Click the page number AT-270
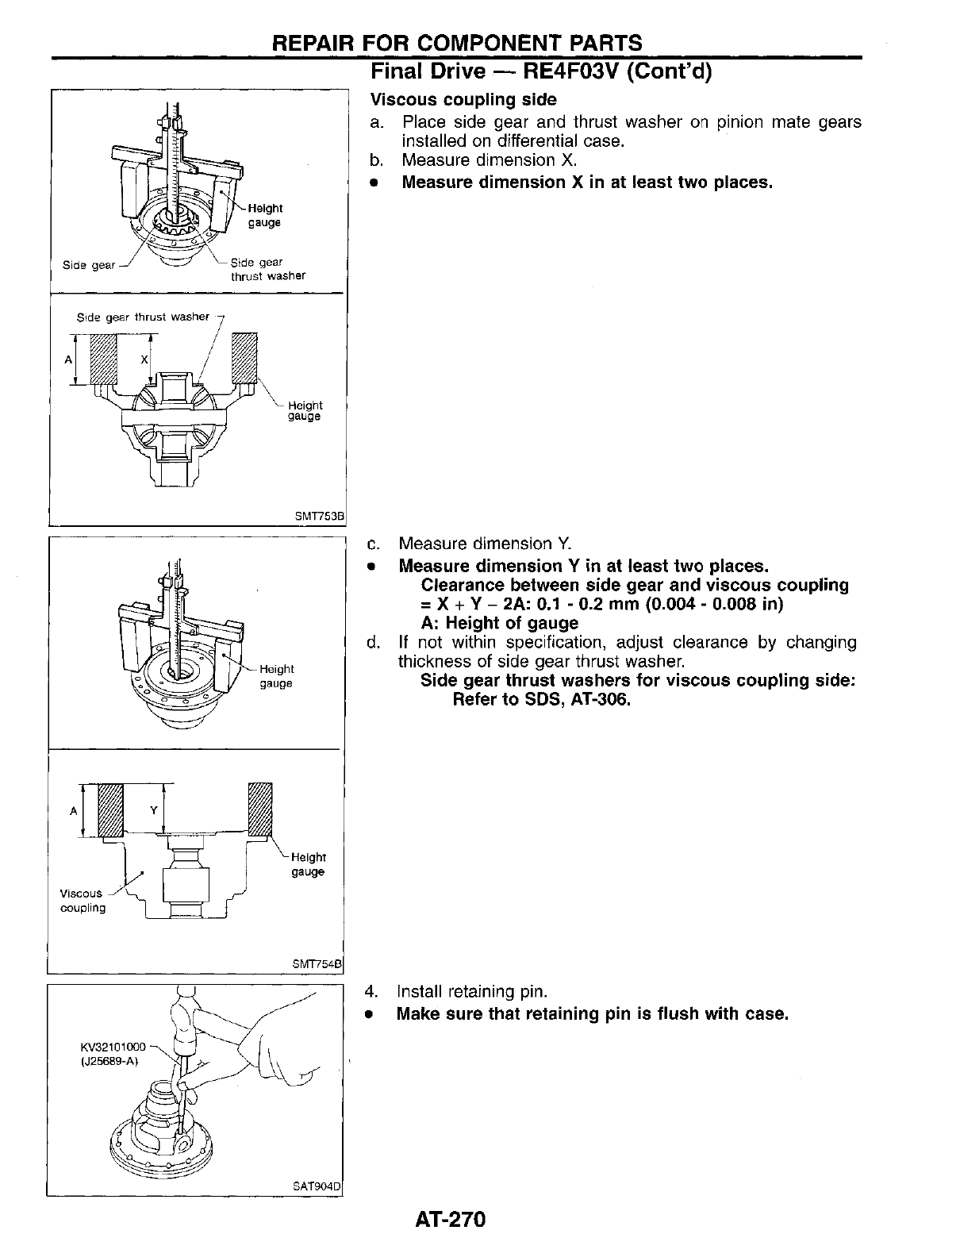pos(449,1219)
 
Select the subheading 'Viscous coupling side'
pos(463,100)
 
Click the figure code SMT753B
pos(320,516)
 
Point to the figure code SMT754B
pos(317,964)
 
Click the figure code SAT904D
pos(317,1187)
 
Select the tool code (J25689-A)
pos(109,1061)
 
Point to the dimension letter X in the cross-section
pos(144,359)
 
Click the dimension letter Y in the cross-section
pos(153,810)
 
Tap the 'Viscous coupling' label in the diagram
pos(83,900)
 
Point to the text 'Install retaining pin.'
pos(472,992)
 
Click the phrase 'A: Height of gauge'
pos(499,624)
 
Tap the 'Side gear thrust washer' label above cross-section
pos(143,317)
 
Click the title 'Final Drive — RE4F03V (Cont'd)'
pos(542,72)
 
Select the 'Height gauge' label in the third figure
pos(276,676)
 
